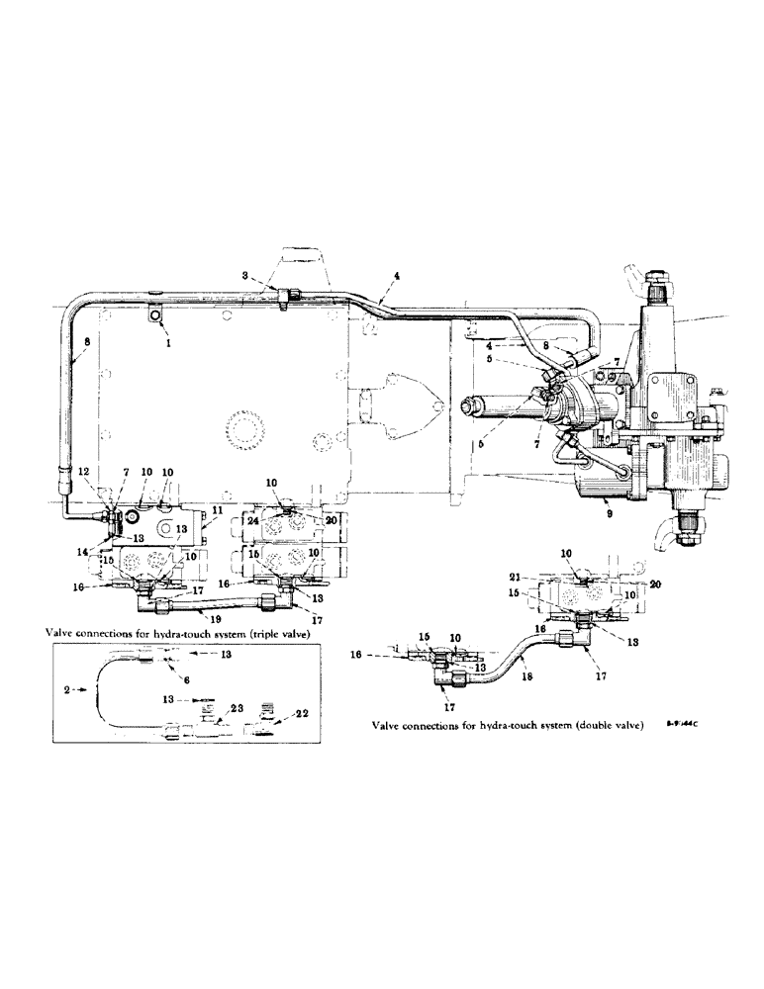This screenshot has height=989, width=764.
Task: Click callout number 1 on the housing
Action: (x=167, y=347)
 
